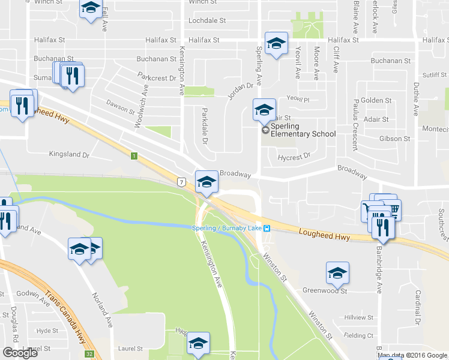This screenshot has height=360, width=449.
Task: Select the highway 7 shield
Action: pyautogui.click(x=180, y=181)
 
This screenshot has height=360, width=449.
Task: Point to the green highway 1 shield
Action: pyautogui.click(x=134, y=156)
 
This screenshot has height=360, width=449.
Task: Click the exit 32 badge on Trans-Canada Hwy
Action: pyautogui.click(x=89, y=354)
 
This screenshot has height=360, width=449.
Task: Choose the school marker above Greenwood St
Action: pyautogui.click(x=337, y=273)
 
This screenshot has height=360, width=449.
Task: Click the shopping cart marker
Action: pyautogui.click(x=393, y=209)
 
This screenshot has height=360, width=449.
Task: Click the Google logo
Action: pyautogui.click(x=20, y=353)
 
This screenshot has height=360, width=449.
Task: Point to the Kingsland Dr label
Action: pyautogui.click(x=69, y=154)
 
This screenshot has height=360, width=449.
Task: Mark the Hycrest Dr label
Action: pyautogui.click(x=294, y=156)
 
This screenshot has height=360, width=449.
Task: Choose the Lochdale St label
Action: pyautogui.click(x=206, y=20)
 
